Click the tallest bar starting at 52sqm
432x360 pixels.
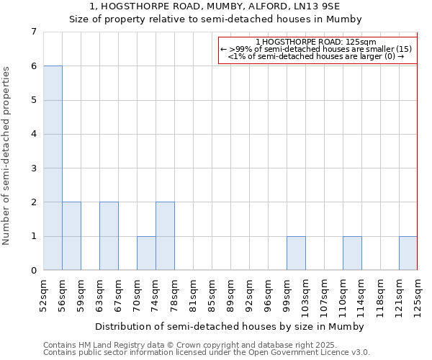[x=53, y=168]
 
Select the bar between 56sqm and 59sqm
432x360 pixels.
[x=71, y=236]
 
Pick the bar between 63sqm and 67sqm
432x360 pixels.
[x=109, y=236]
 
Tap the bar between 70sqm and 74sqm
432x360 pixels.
[x=146, y=253]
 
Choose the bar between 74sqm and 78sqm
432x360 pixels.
[x=165, y=236]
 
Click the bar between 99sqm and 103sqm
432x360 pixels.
[x=296, y=253]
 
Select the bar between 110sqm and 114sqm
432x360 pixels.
[x=352, y=253]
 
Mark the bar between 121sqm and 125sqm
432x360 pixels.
[x=408, y=253]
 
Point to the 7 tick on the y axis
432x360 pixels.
[x=33, y=32]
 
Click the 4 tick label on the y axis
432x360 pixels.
[x=33, y=134]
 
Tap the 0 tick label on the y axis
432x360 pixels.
[x=33, y=271]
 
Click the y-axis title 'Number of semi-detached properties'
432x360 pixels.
[x=7, y=156]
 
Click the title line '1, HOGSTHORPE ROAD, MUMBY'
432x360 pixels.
[x=215, y=6]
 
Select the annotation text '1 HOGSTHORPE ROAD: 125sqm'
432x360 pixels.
[x=317, y=42]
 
